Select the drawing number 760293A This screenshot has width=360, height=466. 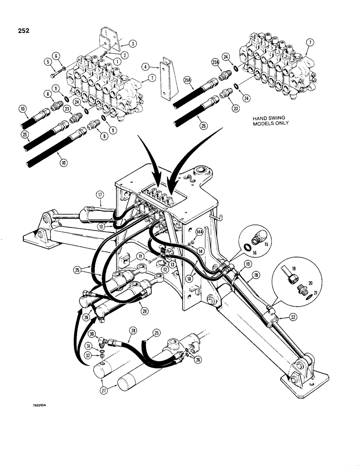41,405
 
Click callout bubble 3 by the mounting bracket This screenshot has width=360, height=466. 133,43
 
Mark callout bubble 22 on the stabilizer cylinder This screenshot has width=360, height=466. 293,317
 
